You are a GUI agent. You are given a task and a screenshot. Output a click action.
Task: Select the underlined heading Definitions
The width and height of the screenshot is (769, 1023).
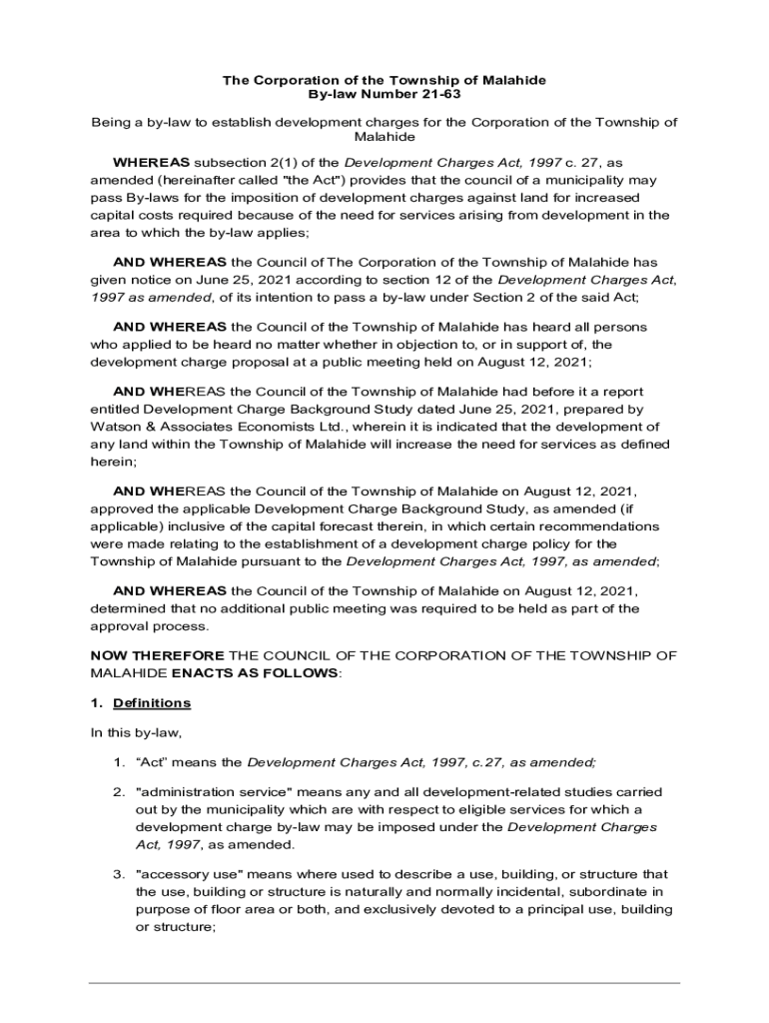[x=152, y=703]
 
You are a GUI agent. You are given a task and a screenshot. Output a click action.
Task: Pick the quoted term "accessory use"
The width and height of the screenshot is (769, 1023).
[x=187, y=874]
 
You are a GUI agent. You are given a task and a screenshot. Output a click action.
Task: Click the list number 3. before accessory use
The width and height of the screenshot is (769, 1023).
[x=118, y=874]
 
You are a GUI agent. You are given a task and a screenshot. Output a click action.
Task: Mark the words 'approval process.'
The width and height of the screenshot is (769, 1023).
[x=149, y=626]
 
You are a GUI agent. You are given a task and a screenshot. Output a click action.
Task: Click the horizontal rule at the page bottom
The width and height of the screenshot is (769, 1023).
[x=384, y=983]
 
